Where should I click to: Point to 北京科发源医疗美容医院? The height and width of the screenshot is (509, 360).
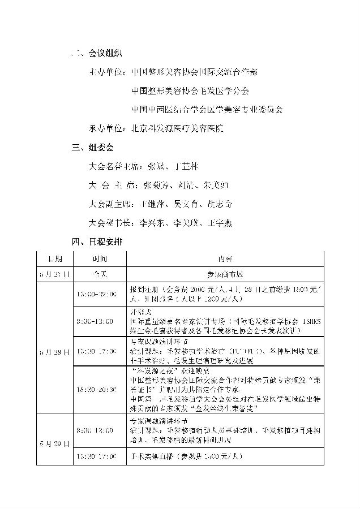point(177,128)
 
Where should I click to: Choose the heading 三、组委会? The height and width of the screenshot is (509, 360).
point(93,148)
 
